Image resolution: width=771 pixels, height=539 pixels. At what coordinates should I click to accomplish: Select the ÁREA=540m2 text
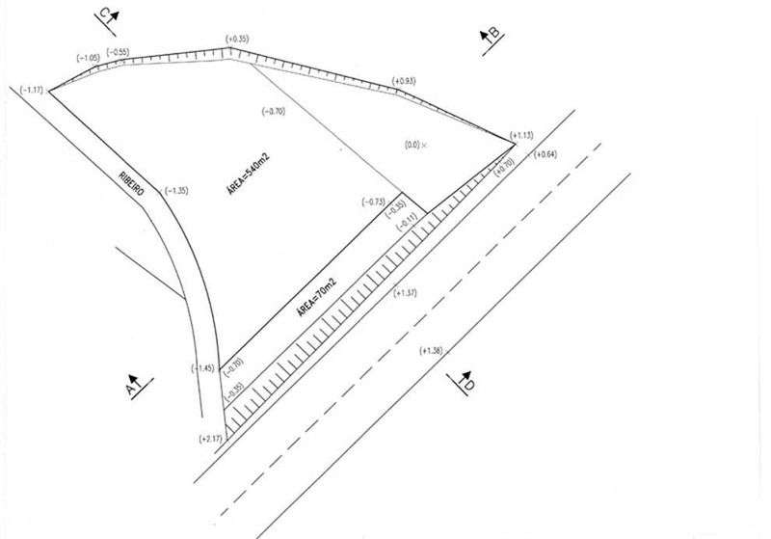tap(247, 175)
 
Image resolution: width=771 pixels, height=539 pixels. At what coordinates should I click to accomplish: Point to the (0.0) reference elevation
tap(413, 144)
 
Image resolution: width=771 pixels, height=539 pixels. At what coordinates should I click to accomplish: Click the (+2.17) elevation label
tap(211, 440)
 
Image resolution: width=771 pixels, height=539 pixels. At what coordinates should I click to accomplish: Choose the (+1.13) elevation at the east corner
tap(521, 136)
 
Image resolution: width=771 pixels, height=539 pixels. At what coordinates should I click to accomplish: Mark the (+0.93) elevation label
tap(405, 80)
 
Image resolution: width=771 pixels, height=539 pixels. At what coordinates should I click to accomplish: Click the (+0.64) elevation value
tap(545, 154)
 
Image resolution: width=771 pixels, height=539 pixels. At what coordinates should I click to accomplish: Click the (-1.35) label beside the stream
tap(176, 190)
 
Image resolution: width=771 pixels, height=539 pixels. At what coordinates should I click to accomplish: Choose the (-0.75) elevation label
tap(373, 202)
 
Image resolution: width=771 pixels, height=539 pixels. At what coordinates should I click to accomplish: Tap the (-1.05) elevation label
tap(89, 58)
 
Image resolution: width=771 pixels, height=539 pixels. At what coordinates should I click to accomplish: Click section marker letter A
tap(132, 387)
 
